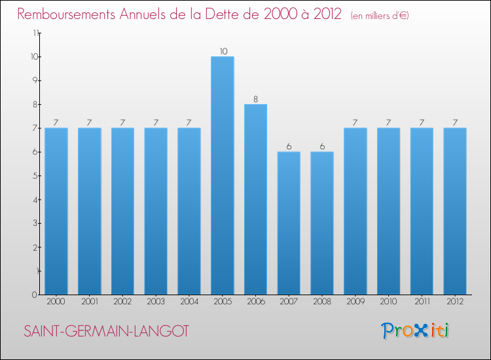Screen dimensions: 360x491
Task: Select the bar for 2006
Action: click(x=255, y=199)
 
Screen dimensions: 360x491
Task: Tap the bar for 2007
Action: click(x=289, y=223)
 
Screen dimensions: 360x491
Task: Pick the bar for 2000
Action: click(x=56, y=211)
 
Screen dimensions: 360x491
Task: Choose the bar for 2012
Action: click(x=455, y=211)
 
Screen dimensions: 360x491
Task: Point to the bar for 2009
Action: click(x=355, y=211)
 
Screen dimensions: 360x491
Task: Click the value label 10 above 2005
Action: click(x=223, y=51)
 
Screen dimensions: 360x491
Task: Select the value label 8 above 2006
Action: click(x=256, y=99)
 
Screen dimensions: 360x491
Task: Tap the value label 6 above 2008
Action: click(x=322, y=147)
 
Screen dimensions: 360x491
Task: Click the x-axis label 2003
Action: click(x=156, y=301)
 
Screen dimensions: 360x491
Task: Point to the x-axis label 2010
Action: click(x=388, y=301)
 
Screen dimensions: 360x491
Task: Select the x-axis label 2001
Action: click(x=89, y=301)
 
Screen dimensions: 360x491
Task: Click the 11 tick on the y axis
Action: click(x=34, y=33)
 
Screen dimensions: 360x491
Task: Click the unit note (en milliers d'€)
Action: click(x=380, y=16)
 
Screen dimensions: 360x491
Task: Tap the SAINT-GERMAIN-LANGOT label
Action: click(x=106, y=332)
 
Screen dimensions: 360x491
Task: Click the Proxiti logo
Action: click(x=415, y=331)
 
